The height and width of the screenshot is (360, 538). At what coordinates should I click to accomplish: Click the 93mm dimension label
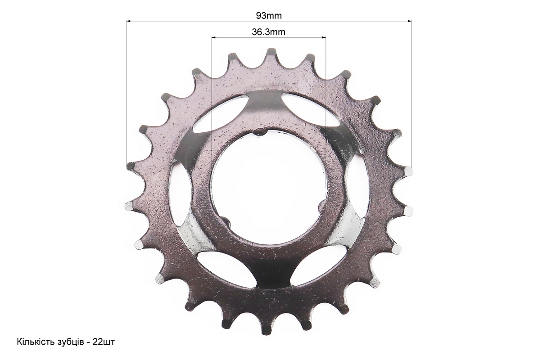click(269, 15)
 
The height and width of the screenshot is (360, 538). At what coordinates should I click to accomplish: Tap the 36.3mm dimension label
click(269, 32)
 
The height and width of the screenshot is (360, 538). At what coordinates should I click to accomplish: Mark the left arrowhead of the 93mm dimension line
click(129, 21)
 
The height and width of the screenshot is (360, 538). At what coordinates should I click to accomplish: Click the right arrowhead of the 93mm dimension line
click(409, 21)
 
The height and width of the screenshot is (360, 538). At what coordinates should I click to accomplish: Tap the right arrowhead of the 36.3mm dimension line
click(323, 37)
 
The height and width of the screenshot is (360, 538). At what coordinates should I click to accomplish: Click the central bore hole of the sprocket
click(269, 187)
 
